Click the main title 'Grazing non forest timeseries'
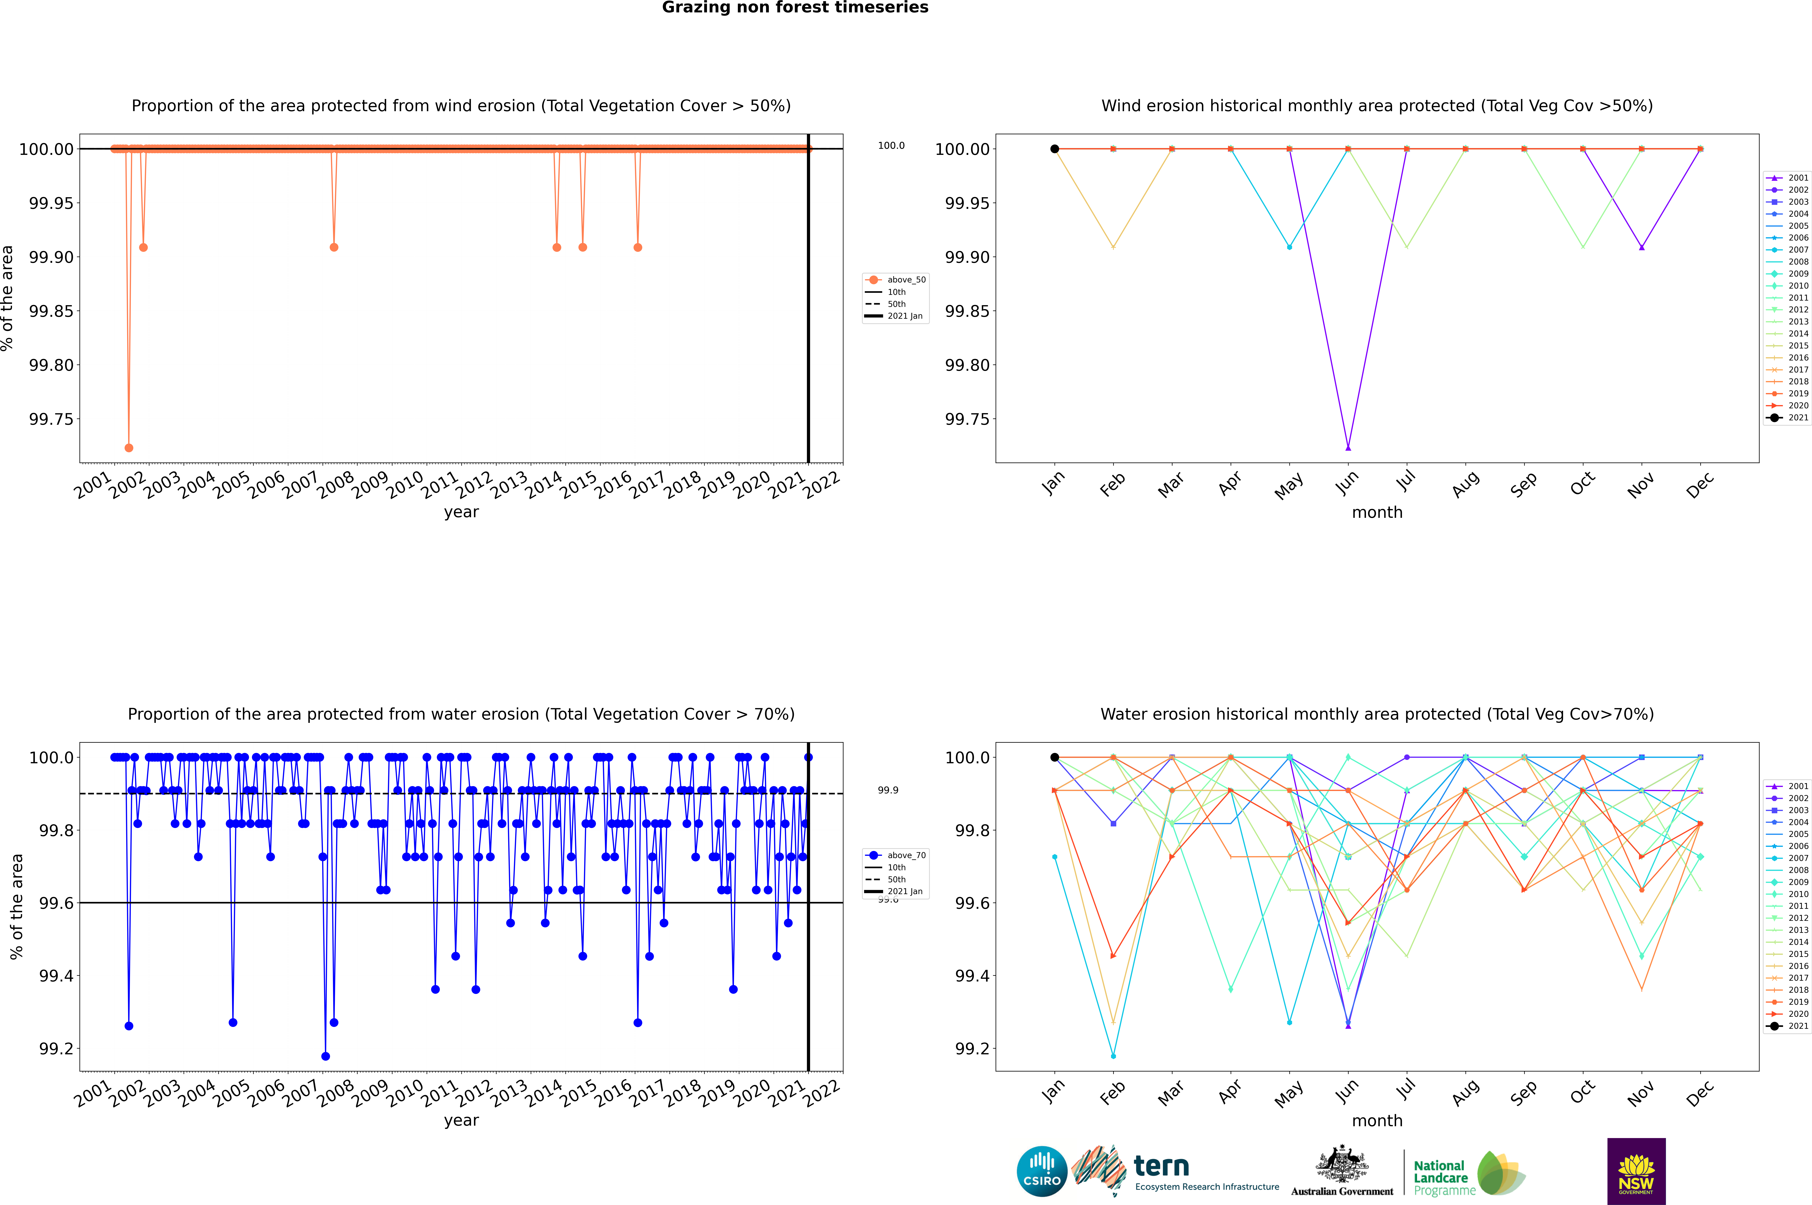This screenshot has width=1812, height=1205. pos(795,8)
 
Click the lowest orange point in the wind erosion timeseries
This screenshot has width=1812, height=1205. pos(129,447)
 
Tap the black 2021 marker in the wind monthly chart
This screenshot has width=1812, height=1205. pos(1055,149)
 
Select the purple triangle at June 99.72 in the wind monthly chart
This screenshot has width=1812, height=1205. pos(1348,447)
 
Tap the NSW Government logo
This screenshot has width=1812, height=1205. pos(1636,1171)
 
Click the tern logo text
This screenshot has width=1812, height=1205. pos(1161,1167)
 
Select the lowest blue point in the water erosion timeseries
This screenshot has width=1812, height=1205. pos(326,1056)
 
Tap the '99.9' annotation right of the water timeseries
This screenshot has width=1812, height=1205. pos(888,790)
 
